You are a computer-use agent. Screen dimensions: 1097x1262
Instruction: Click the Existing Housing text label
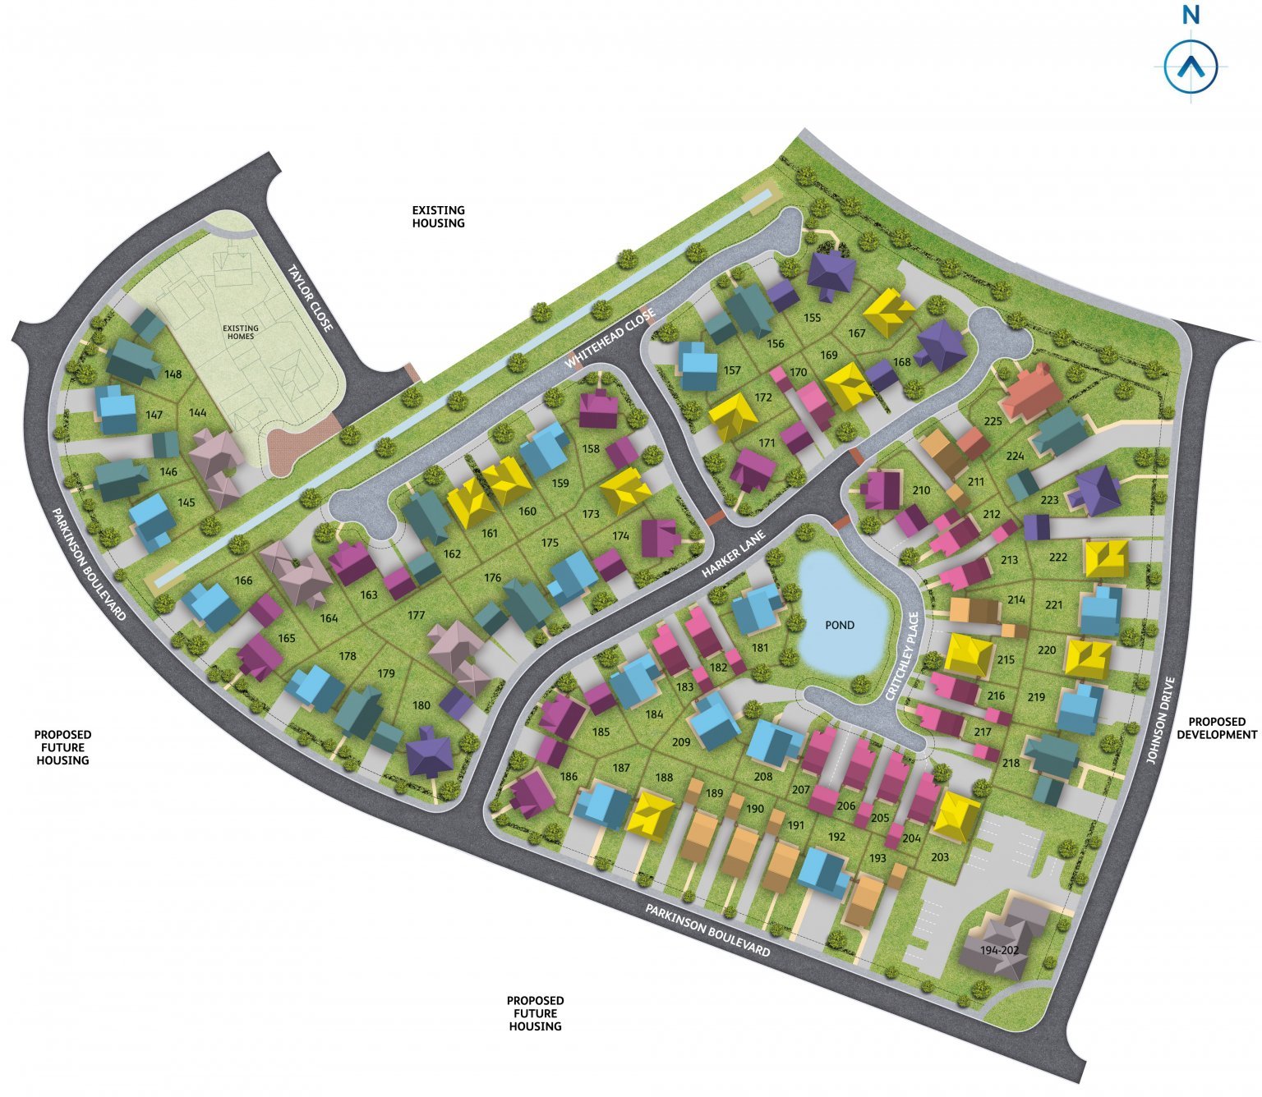pyautogui.click(x=438, y=217)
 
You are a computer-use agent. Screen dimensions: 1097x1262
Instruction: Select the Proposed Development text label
pyautogui.click(x=1216, y=728)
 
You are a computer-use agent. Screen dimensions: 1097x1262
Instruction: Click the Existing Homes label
pyautogui.click(x=241, y=332)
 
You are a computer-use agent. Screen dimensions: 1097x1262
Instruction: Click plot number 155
pyautogui.click(x=812, y=318)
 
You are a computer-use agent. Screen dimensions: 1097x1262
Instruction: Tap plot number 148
pyautogui.click(x=173, y=374)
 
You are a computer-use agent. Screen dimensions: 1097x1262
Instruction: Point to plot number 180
pyautogui.click(x=421, y=705)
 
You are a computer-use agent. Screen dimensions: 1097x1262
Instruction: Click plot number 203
pyautogui.click(x=940, y=857)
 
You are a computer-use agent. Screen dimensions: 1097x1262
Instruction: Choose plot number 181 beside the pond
pyautogui.click(x=760, y=648)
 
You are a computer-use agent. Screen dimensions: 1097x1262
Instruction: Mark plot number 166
pyautogui.click(x=243, y=581)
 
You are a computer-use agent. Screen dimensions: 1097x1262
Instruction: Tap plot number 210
pyautogui.click(x=921, y=490)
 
